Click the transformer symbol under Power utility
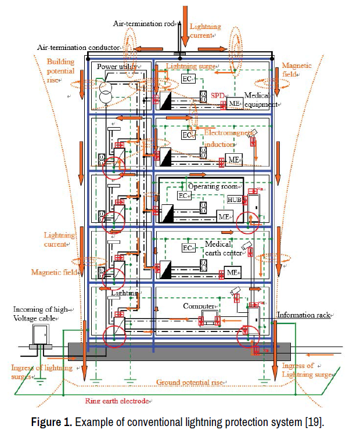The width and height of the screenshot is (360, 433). pyautogui.click(x=106, y=95)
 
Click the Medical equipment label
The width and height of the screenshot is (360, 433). pyautogui.click(x=261, y=99)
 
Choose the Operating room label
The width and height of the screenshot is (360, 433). pyautogui.click(x=213, y=187)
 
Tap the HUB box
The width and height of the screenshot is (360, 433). pyautogui.click(x=234, y=200)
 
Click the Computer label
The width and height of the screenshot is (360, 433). pyautogui.click(x=199, y=305)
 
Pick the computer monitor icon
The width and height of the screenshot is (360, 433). pyautogui.click(x=207, y=319)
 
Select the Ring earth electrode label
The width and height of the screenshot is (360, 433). pyautogui.click(x=118, y=400)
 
